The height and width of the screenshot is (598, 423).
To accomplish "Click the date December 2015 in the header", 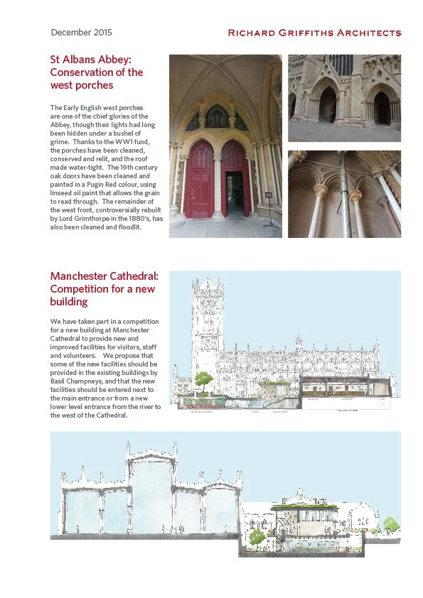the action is click(81, 33).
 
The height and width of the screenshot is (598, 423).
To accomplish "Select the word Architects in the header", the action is click(368, 33).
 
